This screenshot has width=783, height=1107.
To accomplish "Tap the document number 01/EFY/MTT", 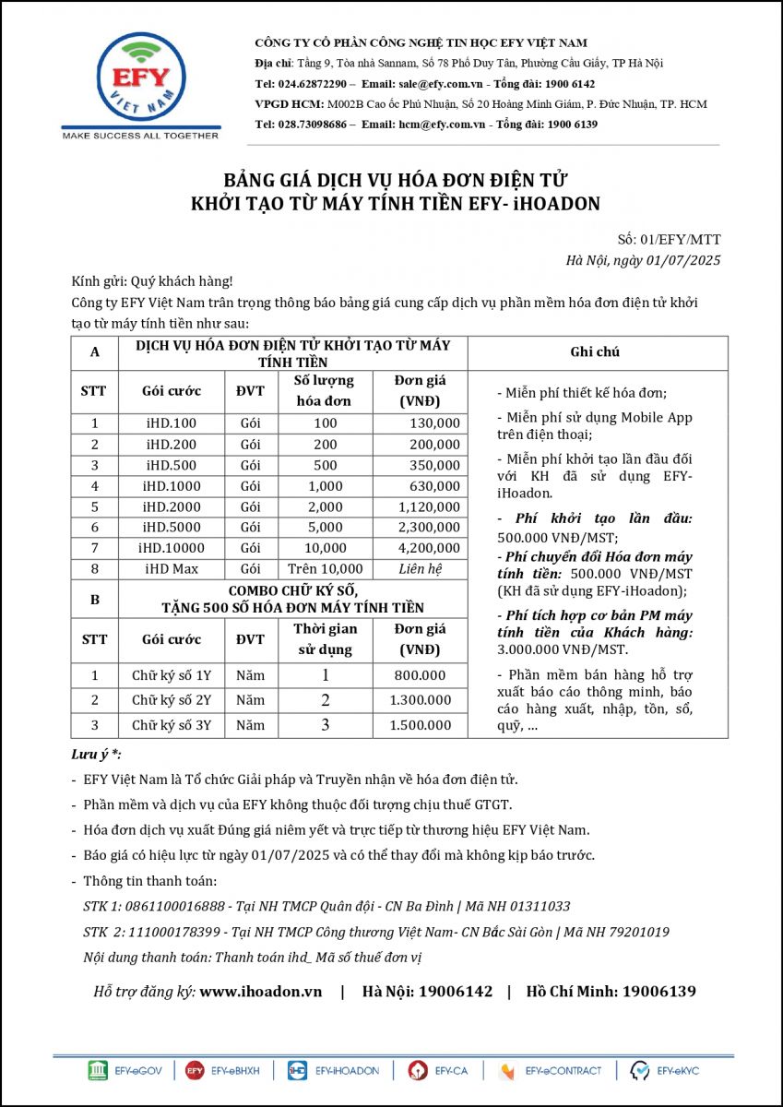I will tap(681, 240).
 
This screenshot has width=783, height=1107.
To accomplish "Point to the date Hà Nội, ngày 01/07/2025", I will tap(644, 260).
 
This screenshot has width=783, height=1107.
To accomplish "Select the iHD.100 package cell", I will tap(172, 423).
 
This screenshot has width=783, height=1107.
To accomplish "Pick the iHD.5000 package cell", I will tap(172, 528).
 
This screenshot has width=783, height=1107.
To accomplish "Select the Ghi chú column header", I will tap(596, 352).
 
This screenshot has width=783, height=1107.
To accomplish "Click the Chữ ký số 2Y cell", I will tap(172, 700).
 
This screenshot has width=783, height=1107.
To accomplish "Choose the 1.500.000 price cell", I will tap(421, 725).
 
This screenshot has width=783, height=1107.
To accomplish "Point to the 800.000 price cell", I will tap(421, 675).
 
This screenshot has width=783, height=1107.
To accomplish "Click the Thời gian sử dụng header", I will tap(325, 639).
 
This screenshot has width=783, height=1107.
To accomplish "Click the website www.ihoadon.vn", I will tap(261, 992).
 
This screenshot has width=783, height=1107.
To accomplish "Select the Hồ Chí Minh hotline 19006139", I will tap(658, 992).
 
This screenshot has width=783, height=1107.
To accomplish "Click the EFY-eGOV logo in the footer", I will tap(125, 1071).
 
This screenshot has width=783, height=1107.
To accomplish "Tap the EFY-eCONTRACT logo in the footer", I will tap(552, 1071).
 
